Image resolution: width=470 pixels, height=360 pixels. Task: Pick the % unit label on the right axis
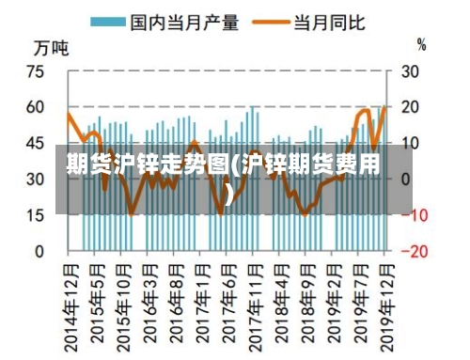point(422,44)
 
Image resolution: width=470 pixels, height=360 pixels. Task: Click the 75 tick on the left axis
point(35,71)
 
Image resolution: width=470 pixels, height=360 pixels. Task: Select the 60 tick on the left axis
point(35,107)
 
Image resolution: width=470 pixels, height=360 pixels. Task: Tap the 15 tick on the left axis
point(35,215)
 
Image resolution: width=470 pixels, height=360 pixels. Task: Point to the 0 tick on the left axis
point(39,251)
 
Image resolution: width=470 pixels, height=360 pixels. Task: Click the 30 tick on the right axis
point(411,71)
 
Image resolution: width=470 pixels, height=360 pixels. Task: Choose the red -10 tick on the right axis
point(414,215)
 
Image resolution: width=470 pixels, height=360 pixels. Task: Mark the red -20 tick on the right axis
point(414,251)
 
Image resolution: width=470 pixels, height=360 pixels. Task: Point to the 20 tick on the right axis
point(411,107)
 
